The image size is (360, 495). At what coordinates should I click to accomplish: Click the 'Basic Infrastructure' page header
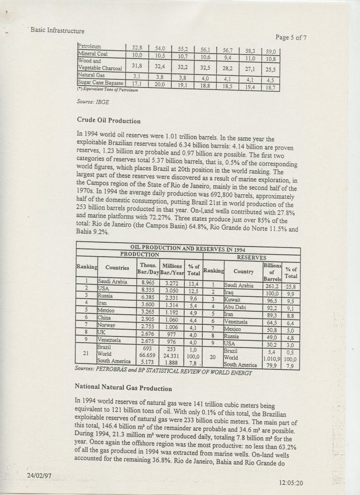pos(57,30)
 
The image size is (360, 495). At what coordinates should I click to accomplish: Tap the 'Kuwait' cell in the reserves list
pos(236,300)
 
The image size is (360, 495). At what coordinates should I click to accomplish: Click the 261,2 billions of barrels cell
pos(271,286)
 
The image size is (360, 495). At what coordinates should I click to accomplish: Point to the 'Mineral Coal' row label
pos(94,54)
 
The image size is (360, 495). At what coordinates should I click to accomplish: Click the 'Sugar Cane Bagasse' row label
pos(99,83)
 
